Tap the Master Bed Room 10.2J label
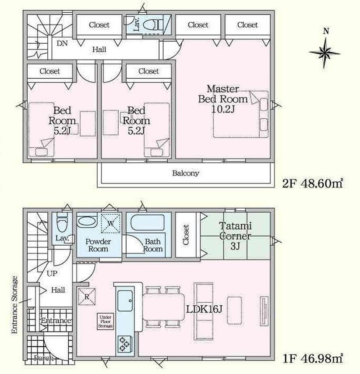coord(223,99)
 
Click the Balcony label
coord(185,173)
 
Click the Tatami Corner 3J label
coord(235,236)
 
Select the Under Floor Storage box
coord(106,321)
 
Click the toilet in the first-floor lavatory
coord(63,223)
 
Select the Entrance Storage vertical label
coord(14,305)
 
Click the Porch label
coord(44,358)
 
